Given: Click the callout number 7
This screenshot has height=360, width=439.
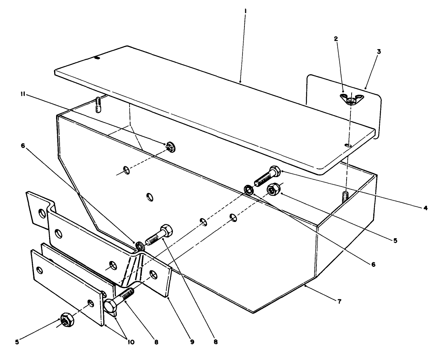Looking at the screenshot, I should (339, 301).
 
